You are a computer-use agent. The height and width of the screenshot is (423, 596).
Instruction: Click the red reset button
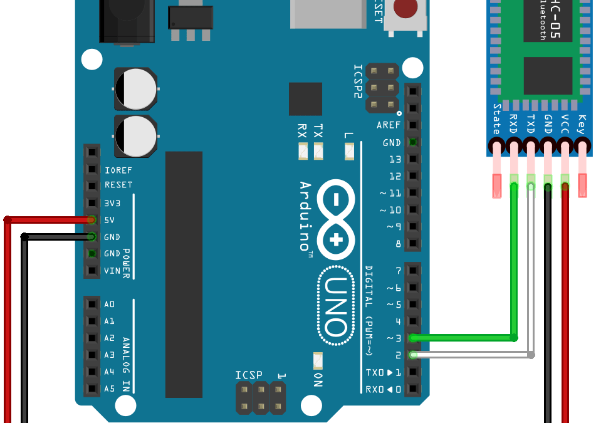pos(405,9)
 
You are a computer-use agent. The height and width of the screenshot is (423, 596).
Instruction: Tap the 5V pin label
pos(109,220)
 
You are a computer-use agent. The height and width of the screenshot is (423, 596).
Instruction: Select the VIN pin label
pos(112,271)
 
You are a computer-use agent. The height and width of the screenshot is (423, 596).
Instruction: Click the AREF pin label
pos(389,125)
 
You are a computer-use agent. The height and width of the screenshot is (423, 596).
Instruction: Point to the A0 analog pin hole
pos(92,305)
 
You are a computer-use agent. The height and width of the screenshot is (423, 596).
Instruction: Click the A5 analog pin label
pos(109,389)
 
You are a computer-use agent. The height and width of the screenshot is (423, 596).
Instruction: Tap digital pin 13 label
pos(395,159)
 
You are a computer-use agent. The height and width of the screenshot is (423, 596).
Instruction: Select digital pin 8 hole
pos(413,244)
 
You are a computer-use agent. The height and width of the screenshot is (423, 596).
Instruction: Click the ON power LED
pos(318,360)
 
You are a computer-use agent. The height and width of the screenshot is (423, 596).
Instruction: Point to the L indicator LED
pos(349,150)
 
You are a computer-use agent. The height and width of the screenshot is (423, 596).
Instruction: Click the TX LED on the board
pos(318,150)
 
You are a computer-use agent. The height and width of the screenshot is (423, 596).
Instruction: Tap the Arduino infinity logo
pos(336,220)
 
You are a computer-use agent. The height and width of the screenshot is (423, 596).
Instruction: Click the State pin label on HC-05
pos(496,119)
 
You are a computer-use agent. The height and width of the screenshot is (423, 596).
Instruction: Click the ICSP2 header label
pos(358,81)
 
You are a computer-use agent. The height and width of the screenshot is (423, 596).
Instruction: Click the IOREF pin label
pos(118,170)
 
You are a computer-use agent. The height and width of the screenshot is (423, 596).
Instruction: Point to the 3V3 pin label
pos(112,203)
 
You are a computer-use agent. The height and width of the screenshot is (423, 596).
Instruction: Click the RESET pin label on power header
pos(118,185)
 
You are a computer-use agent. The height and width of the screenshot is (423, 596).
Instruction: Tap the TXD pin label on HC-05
pos(530,123)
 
